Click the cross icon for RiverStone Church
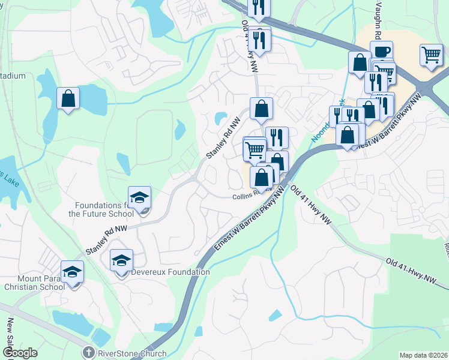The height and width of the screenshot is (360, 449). pyautogui.click(x=88, y=353)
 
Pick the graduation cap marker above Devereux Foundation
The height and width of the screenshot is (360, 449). pyautogui.click(x=121, y=260)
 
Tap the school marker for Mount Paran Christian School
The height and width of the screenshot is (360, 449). pyautogui.click(x=72, y=272)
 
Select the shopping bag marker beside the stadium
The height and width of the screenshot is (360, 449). pyautogui.click(x=68, y=98)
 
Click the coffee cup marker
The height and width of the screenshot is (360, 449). pyautogui.click(x=381, y=52)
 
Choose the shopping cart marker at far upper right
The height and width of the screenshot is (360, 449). pyautogui.click(x=432, y=55)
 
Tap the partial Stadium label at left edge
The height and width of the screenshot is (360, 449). pyautogui.click(x=13, y=76)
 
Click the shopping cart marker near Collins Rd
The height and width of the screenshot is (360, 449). pyautogui.click(x=255, y=148)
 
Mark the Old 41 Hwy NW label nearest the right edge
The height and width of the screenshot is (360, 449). pyautogui.click(x=412, y=271)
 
